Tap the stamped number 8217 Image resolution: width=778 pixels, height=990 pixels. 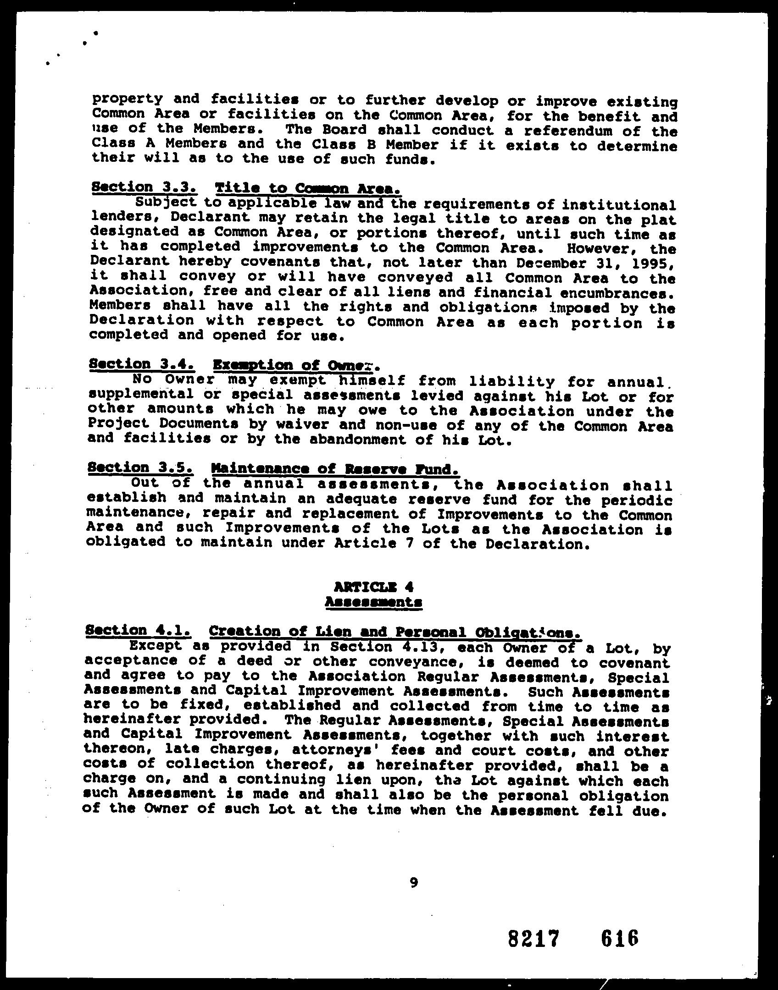534,938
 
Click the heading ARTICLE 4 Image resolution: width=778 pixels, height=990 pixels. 374,587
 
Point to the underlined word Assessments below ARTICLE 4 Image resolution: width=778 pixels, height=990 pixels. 373,602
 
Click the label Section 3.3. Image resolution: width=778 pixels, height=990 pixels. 144,187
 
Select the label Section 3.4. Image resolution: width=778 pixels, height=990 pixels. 142,364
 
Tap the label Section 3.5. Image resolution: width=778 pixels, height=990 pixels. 140,468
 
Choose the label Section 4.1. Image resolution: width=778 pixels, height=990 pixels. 138,631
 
